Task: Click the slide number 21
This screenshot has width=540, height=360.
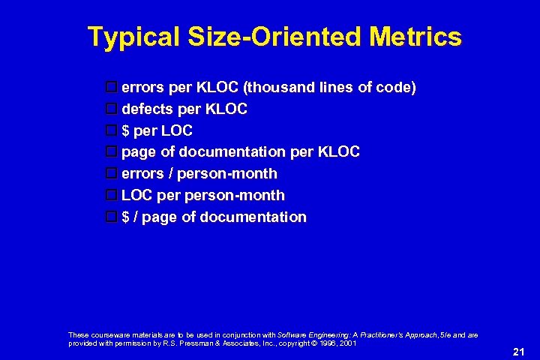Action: click(518, 351)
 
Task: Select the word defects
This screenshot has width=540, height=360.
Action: click(147, 109)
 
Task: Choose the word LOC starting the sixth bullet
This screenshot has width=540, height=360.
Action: click(136, 195)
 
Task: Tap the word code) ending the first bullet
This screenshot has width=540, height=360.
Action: click(395, 88)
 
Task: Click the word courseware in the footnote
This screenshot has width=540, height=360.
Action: click(106, 334)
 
